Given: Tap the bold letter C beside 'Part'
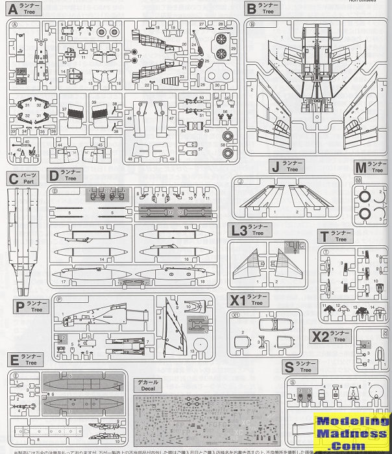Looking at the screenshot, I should (x=12, y=177).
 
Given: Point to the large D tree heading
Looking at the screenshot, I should (x=53, y=175).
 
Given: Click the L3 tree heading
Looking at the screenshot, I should (x=239, y=230).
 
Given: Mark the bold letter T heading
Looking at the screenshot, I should (x=323, y=236).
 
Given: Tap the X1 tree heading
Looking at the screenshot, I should (x=237, y=300).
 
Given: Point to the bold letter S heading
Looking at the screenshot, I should (x=289, y=367).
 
